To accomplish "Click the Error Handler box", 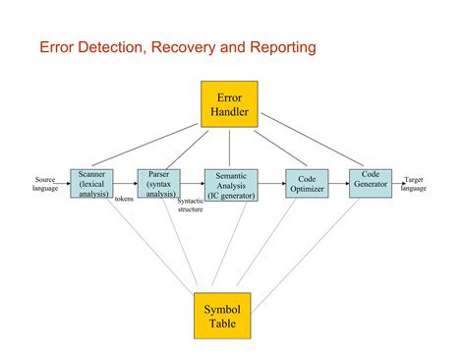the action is (229, 104).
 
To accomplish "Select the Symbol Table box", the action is (222, 316).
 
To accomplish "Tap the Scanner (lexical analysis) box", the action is (91, 184).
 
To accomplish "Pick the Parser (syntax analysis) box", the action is (159, 184).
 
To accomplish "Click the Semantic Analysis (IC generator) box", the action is (231, 185).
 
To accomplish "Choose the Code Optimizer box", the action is (307, 184).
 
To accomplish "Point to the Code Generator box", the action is (371, 184).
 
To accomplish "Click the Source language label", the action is (45, 184).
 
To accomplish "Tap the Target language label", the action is (414, 184).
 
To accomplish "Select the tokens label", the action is (124, 199).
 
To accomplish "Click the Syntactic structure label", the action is (191, 206).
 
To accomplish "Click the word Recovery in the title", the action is (183, 47).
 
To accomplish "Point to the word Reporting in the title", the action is (283, 48).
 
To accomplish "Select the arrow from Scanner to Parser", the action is (126, 184).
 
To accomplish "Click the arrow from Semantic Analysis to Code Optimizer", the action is (272, 184).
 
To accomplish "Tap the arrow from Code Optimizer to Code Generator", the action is (339, 184).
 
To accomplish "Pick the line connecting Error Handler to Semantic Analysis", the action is (229, 149).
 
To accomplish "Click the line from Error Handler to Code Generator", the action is (313, 140).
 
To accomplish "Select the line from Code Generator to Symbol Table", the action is (306, 256).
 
